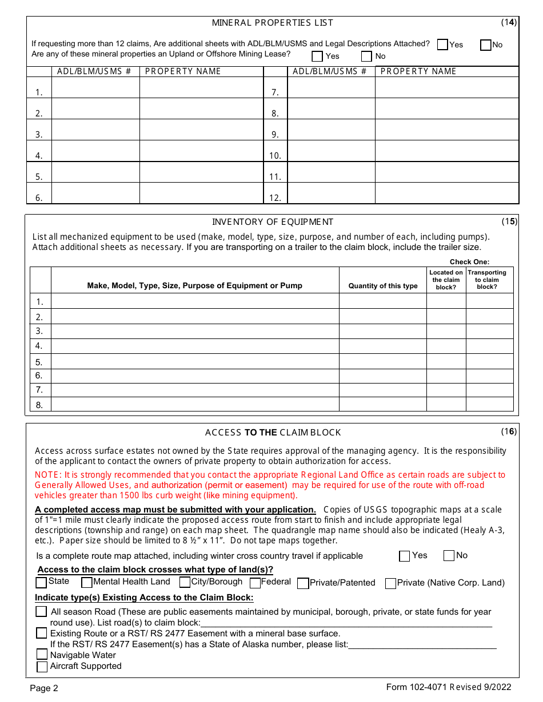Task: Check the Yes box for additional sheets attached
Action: tap(442, 45)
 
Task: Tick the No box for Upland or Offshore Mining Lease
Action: tap(366, 57)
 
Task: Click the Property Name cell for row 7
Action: tap(446, 87)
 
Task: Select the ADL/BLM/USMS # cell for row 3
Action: tap(95, 130)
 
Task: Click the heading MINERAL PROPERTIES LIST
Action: tap(272, 23)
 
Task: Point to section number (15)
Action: tap(509, 221)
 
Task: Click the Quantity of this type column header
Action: tap(382, 285)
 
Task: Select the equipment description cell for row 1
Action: tap(195, 301)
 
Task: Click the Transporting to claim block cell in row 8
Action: tap(489, 404)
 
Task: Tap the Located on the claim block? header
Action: tap(446, 280)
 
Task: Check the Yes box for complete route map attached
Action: tap(405, 556)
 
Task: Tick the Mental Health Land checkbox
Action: tap(87, 583)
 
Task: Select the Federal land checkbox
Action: tap(255, 583)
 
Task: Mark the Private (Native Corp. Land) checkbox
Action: tap(390, 583)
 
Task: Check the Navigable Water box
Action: tap(42, 655)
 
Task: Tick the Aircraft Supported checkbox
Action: tap(42, 667)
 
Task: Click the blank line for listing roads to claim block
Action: tap(346, 623)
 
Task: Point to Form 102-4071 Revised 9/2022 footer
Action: tap(449, 687)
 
